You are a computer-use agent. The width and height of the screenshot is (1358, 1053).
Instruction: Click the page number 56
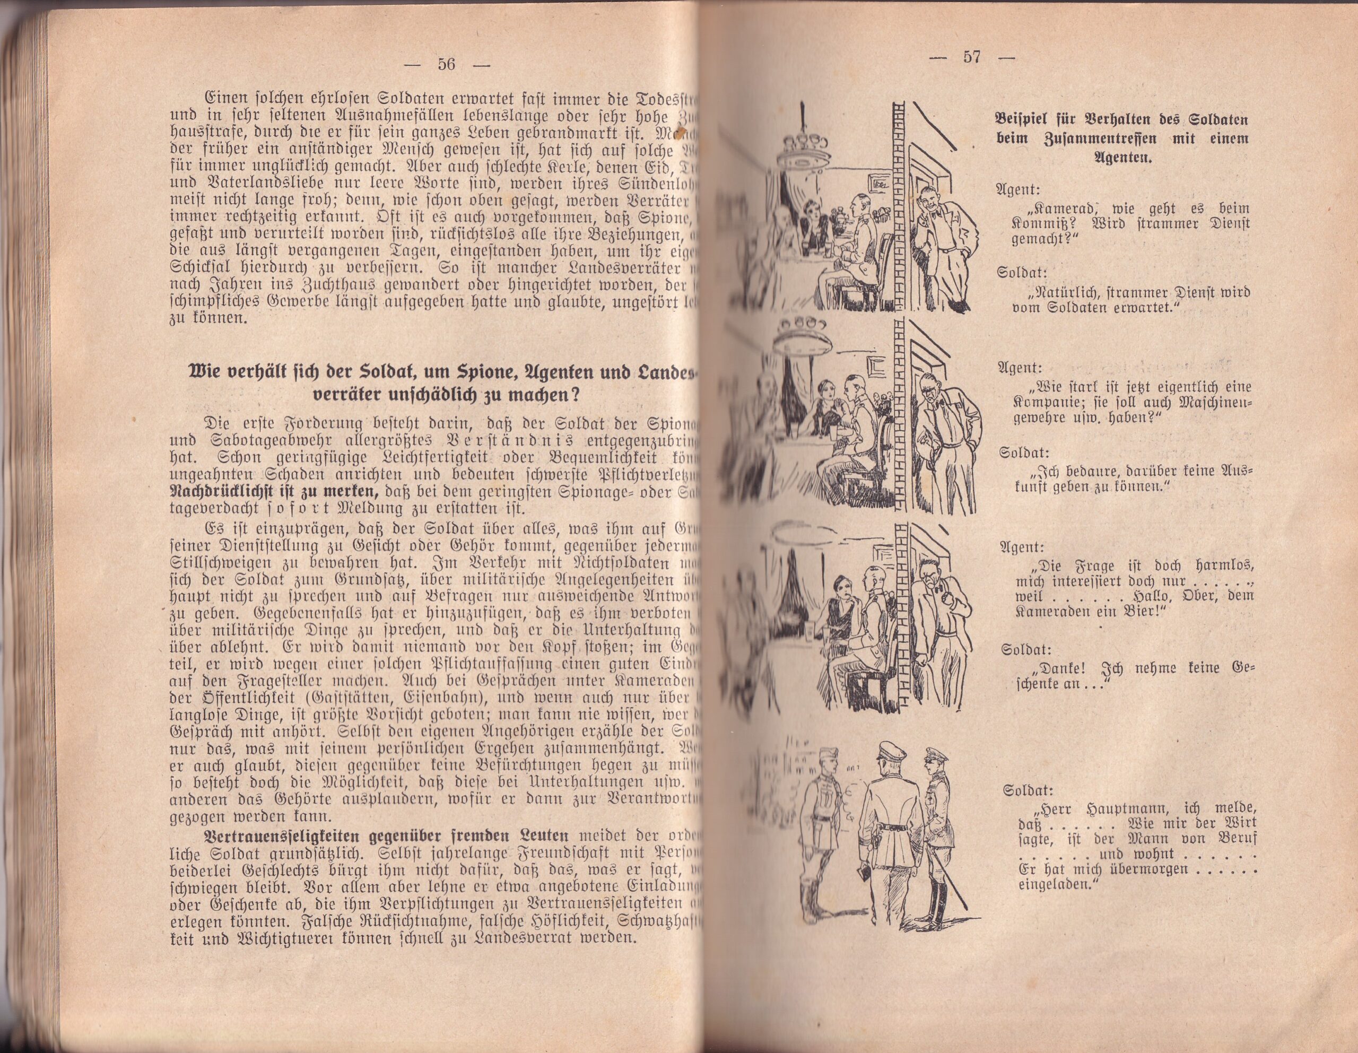pyautogui.click(x=447, y=64)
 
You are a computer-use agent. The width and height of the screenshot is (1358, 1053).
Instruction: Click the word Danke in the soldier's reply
pyautogui.click(x=1057, y=670)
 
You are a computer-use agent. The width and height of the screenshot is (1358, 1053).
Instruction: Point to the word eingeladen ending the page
pyautogui.click(x=1058, y=886)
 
